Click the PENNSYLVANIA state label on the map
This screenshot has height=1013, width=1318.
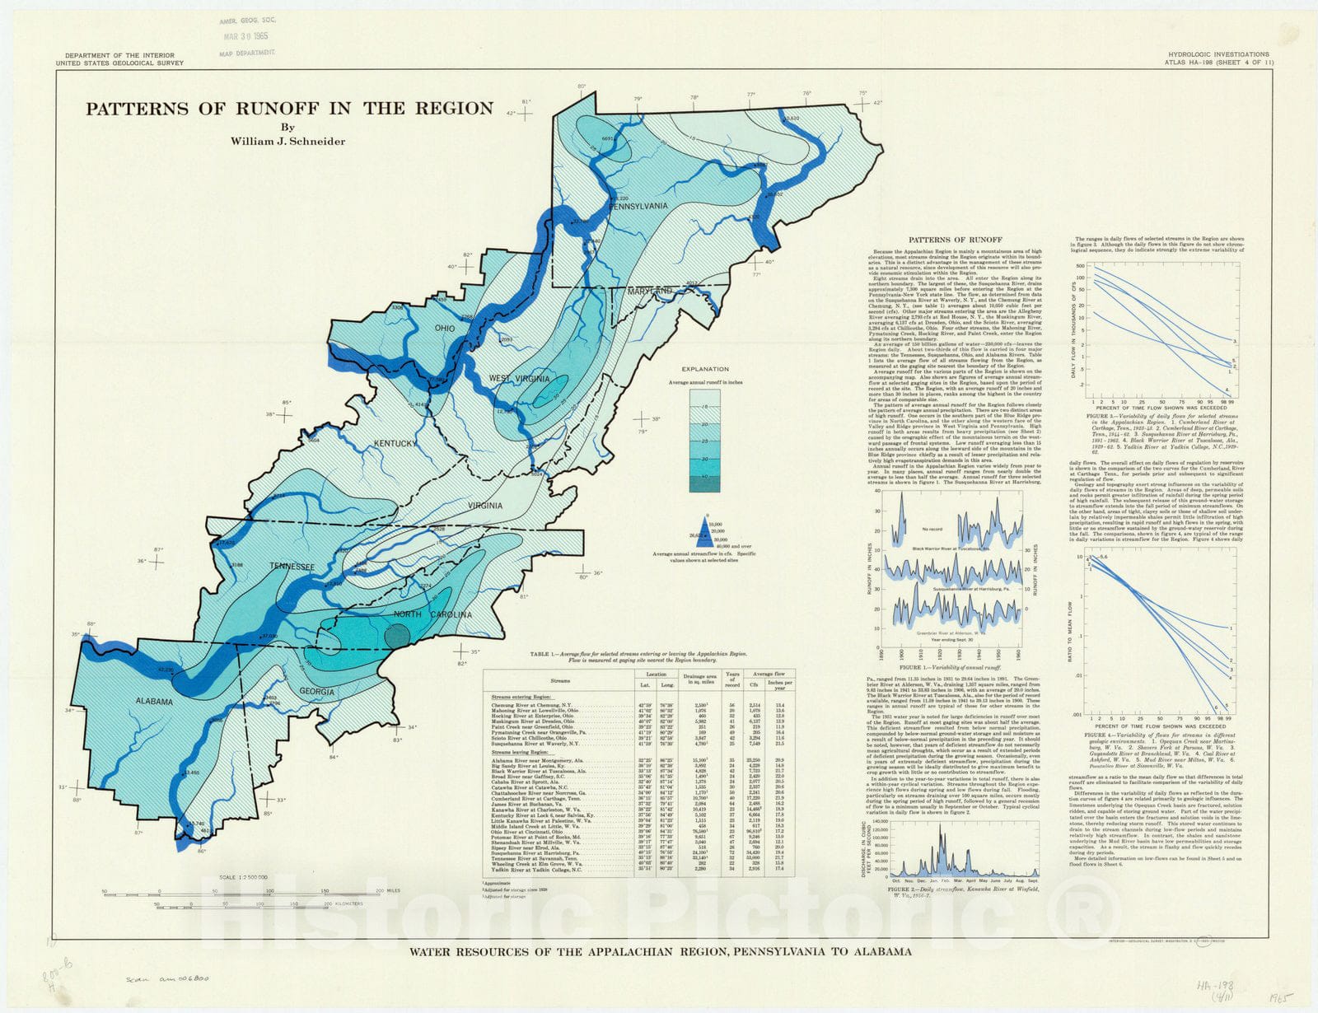638,206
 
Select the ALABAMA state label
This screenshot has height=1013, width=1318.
155,702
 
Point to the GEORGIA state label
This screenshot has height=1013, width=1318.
317,692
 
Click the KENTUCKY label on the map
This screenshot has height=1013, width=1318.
395,444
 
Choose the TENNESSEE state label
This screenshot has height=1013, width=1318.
292,567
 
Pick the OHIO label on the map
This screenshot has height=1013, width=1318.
445,329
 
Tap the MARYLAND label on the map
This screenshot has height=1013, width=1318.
651,292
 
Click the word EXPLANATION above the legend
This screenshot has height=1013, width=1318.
704,370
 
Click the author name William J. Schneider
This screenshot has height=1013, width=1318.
288,141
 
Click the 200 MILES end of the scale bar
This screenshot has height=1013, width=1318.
387,891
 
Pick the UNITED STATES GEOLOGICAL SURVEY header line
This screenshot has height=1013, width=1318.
119,63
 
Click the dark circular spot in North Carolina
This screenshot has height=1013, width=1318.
397,635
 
